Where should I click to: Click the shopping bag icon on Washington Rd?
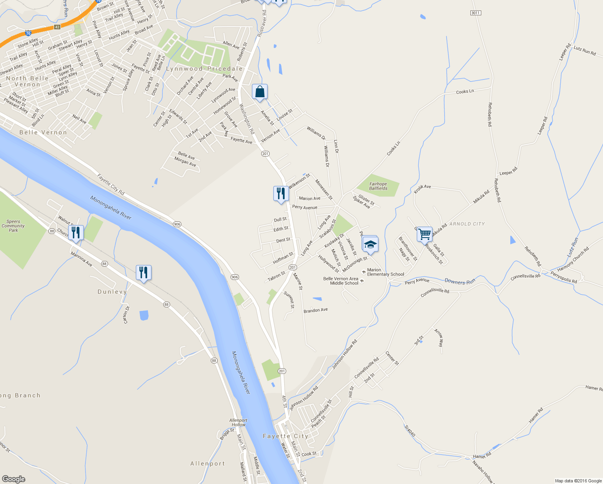[x=260, y=92]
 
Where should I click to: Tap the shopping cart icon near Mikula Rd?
[x=424, y=234]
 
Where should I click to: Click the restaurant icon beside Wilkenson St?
[x=281, y=194]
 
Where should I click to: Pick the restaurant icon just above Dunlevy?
[x=143, y=273]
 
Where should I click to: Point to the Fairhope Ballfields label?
[x=378, y=186]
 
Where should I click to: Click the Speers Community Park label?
[x=13, y=226]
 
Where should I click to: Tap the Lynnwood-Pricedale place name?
[x=204, y=69]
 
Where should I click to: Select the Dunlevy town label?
[x=112, y=292]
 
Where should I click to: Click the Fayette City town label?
[x=285, y=436]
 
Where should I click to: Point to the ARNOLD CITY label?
[x=467, y=224]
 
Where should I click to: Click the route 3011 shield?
[x=476, y=13]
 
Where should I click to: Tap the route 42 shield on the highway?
[x=57, y=27]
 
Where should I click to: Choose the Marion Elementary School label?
[x=385, y=272]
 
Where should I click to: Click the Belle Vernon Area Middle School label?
[x=341, y=281]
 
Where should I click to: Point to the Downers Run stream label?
[x=460, y=281]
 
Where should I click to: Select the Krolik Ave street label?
[x=422, y=188]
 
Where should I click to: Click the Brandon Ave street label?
[x=316, y=310]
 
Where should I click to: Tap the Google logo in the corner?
[x=13, y=479]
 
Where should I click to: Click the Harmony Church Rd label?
[x=573, y=259]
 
